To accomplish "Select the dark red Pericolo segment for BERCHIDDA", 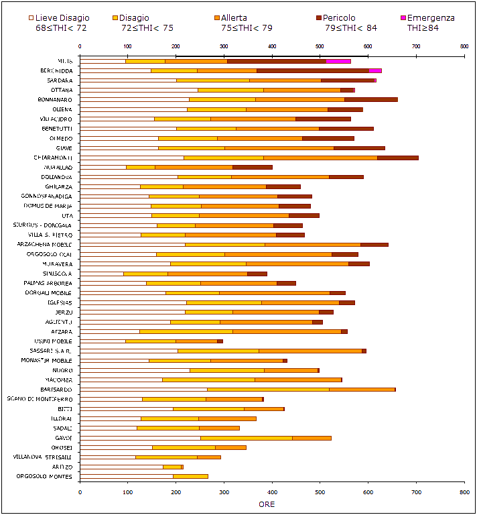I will (x=313, y=70).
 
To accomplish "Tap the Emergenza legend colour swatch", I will (x=403, y=17).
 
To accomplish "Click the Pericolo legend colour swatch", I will (x=319, y=17).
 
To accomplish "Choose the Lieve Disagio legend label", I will (x=62, y=18).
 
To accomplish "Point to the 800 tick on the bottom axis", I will (x=464, y=492).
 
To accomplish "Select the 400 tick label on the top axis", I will (x=271, y=46).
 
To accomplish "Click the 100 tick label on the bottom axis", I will (x=127, y=492).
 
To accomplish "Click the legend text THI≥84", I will (x=423, y=28).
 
